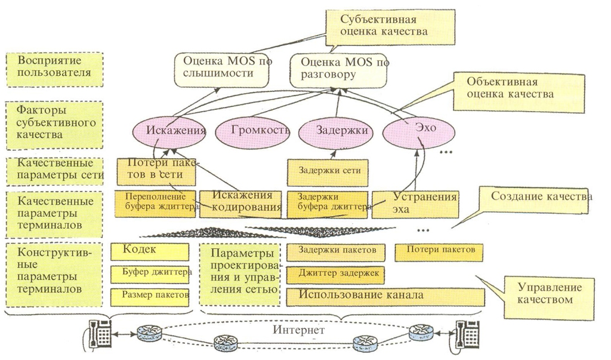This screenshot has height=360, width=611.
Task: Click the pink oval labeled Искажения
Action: point(169,131)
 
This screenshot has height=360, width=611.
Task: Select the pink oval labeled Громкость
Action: point(252,131)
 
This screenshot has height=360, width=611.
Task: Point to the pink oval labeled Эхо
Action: point(418,130)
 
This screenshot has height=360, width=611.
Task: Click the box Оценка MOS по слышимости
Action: point(221,70)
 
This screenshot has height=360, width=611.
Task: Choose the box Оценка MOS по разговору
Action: point(338,71)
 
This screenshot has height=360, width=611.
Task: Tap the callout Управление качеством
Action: point(549,298)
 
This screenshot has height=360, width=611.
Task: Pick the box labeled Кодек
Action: point(150,251)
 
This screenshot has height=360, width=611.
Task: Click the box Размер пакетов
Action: point(150,297)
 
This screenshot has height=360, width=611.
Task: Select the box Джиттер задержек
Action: point(335,275)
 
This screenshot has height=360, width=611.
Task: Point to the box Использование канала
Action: point(385,297)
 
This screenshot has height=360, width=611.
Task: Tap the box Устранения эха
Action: point(415,204)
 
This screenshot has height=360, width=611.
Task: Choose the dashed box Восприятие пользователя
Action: point(54,69)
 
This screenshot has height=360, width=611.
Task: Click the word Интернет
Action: point(298,330)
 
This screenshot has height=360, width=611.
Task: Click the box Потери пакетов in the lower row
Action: point(439,253)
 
